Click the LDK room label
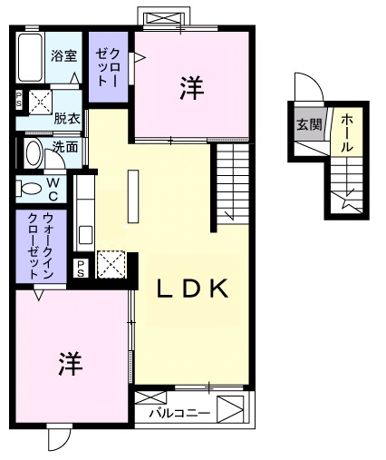[191, 289]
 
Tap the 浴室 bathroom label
[63, 55]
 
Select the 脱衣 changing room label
[65, 117]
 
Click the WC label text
[53, 189]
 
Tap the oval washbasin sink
[32, 152]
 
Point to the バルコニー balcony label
[179, 414]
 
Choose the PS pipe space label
[81, 266]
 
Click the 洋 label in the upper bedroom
[190, 88]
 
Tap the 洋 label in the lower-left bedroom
[71, 364]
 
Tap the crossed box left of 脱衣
[40, 102]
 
